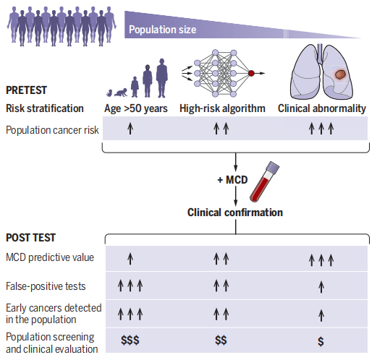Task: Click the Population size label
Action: pyautogui.click(x=163, y=30)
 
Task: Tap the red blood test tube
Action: pyautogui.click(x=265, y=181)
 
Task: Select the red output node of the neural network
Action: pyautogui.click(x=251, y=73)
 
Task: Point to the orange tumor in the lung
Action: pyautogui.click(x=340, y=74)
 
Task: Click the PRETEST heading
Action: pyautogui.click(x=26, y=90)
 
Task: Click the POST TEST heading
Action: pyautogui.click(x=30, y=238)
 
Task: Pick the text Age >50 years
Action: pyautogui.click(x=136, y=108)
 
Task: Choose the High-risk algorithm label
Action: pyautogui.click(x=222, y=108)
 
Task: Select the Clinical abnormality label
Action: pyautogui.click(x=322, y=108)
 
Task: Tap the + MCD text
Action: pyautogui.click(x=232, y=180)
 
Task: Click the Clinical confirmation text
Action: pyautogui.click(x=235, y=213)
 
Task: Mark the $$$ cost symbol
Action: pyautogui.click(x=130, y=340)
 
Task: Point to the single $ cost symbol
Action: pyautogui.click(x=321, y=341)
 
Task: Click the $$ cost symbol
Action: pyautogui.click(x=221, y=340)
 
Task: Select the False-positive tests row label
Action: pyautogui.click(x=46, y=286)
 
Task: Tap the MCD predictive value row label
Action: pyautogui.click(x=50, y=257)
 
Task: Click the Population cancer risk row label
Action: pyautogui.click(x=52, y=130)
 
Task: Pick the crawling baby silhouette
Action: pyautogui.click(x=121, y=93)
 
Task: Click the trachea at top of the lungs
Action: pyautogui.click(x=320, y=53)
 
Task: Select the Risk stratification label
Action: pyautogui.click(x=45, y=108)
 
